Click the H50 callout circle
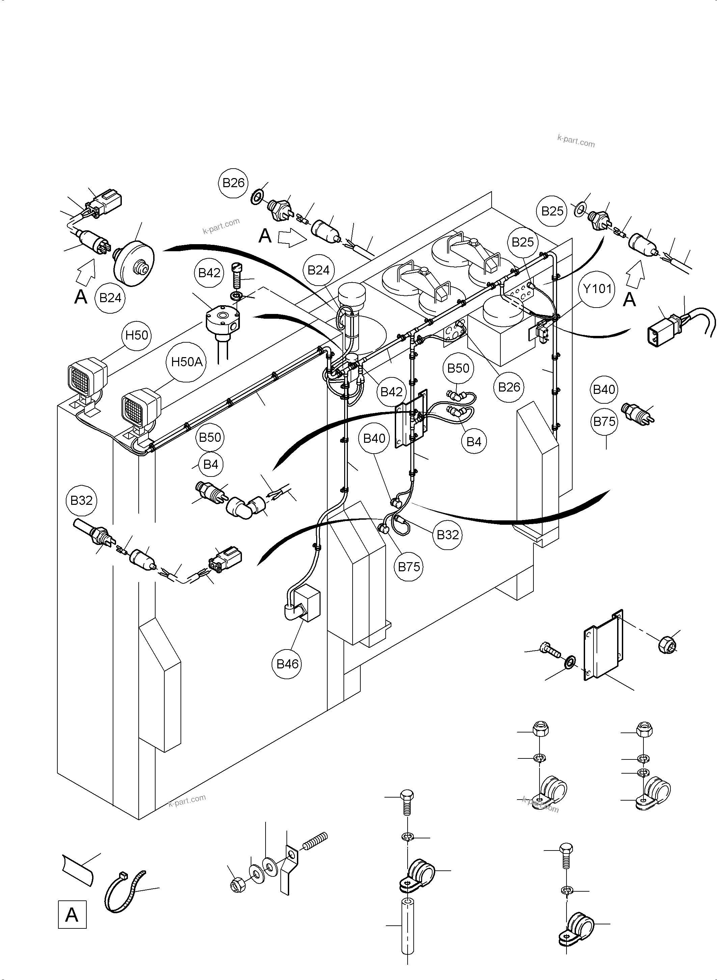[137, 335]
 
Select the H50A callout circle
[187, 362]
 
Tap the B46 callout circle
[288, 664]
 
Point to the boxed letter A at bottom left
[72, 915]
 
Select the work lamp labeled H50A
[140, 406]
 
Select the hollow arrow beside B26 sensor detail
[291, 238]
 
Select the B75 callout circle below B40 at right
[604, 421]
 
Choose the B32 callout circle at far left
[81, 500]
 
